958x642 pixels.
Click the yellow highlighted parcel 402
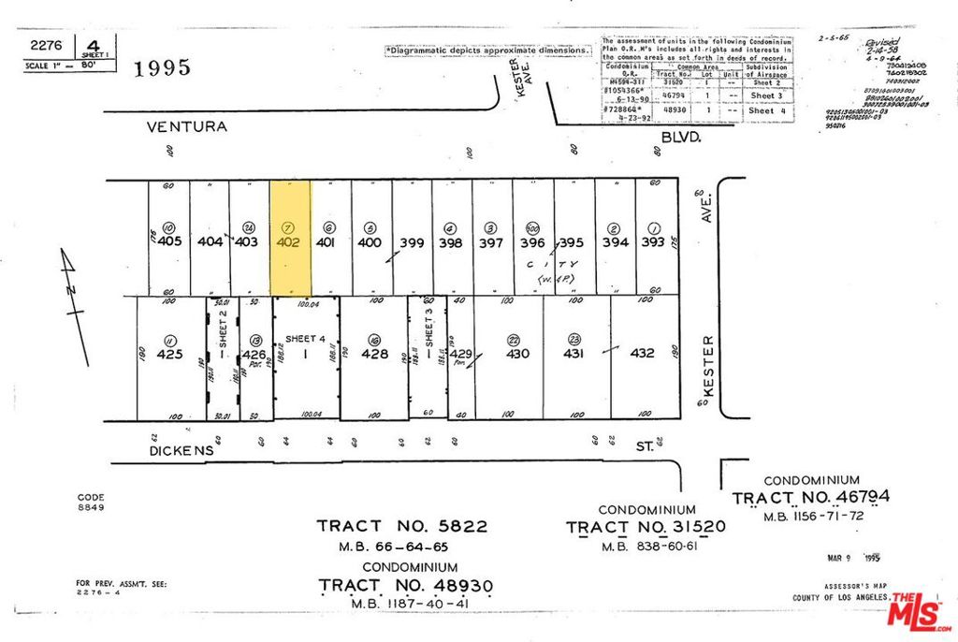click(290, 238)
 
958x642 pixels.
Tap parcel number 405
click(169, 241)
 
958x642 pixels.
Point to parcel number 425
click(169, 356)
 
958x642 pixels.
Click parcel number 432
click(642, 354)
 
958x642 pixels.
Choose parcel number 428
click(374, 355)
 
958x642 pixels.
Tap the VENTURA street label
click(186, 125)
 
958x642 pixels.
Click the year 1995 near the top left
click(164, 67)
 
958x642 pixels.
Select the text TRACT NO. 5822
click(402, 526)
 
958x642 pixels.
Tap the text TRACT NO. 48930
click(405, 585)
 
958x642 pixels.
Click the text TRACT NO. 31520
click(646, 527)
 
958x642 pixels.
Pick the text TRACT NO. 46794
click(810, 497)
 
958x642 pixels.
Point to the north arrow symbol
click(74, 304)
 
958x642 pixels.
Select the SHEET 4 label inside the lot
click(305, 339)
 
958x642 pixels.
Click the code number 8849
click(91, 507)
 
